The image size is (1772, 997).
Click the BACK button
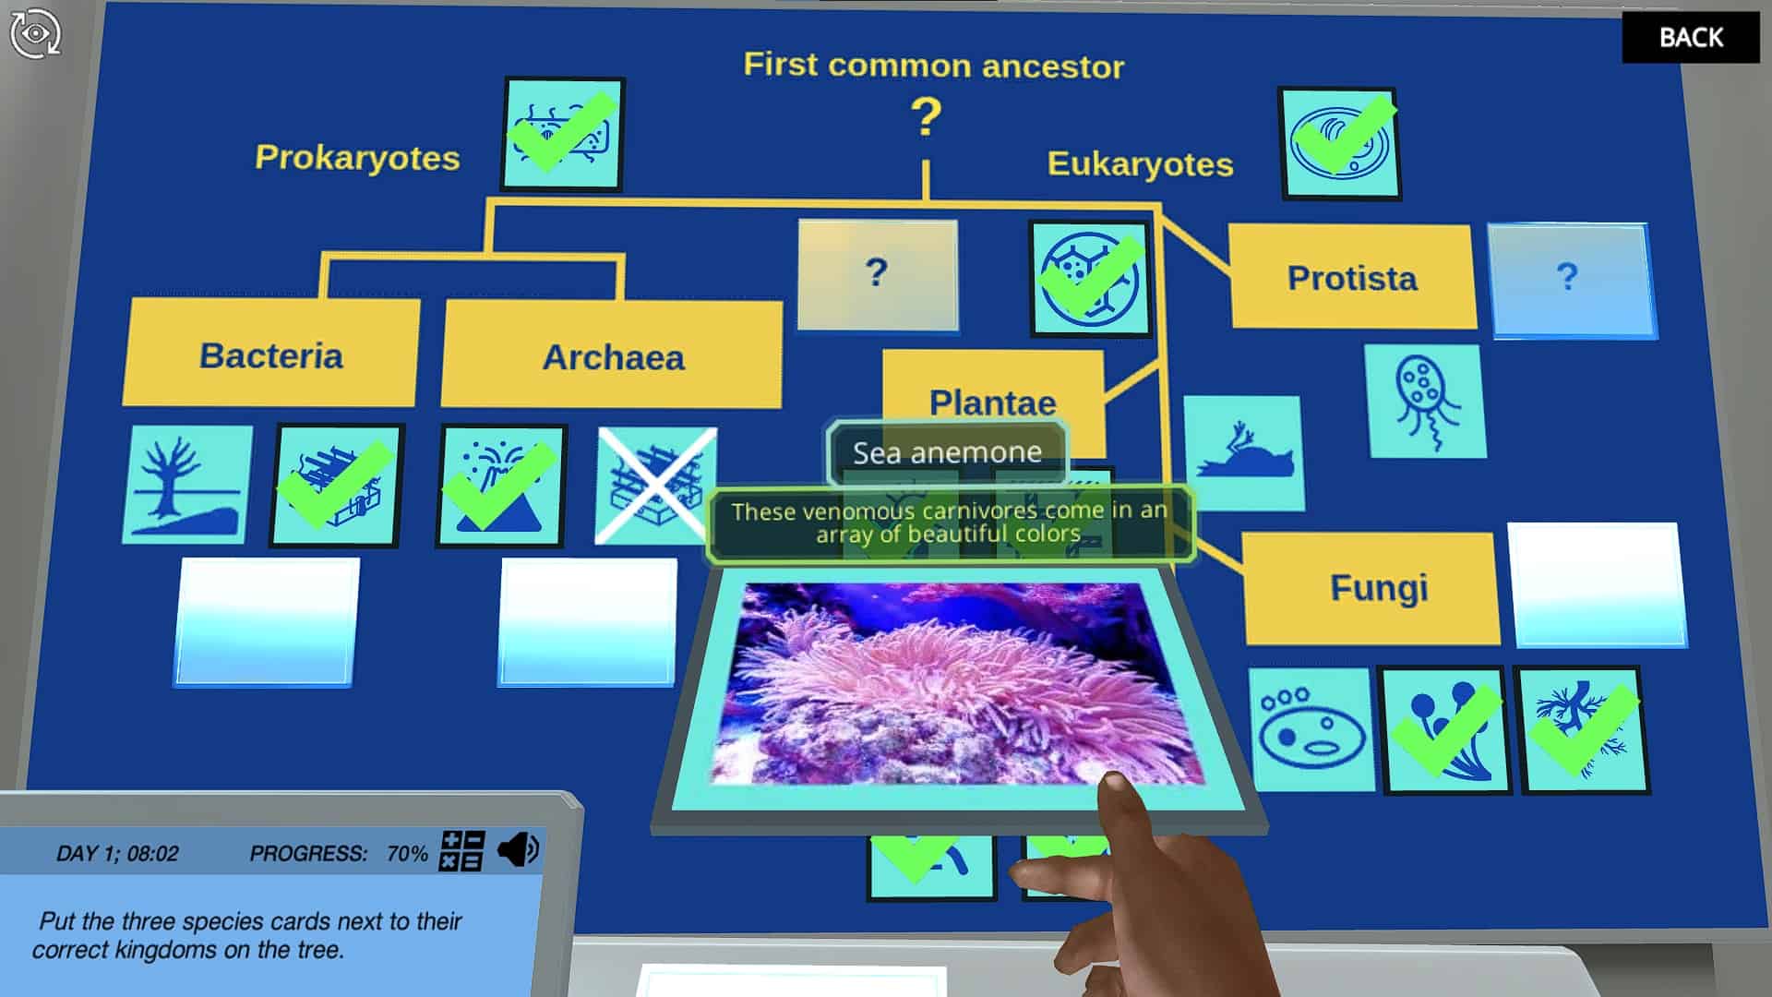(1690, 37)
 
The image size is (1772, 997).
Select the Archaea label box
(612, 354)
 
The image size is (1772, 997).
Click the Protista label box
(1352, 277)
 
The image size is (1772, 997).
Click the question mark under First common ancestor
(926, 118)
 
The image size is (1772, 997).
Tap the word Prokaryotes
(357, 157)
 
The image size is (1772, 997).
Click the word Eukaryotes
(1140, 163)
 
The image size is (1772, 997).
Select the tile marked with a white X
(656, 486)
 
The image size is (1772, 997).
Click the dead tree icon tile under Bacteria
(187, 484)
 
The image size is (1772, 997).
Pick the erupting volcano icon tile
(501, 486)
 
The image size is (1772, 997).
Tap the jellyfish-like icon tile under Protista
(1425, 401)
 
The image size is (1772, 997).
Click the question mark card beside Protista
(1570, 279)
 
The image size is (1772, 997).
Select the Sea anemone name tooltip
(947, 452)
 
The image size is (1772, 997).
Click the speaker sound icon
(518, 849)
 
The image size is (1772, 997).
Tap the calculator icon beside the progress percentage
(461, 850)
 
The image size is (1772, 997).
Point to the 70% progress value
(407, 853)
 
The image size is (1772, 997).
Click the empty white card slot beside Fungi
(1597, 584)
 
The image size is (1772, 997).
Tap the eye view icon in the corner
(35, 33)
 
